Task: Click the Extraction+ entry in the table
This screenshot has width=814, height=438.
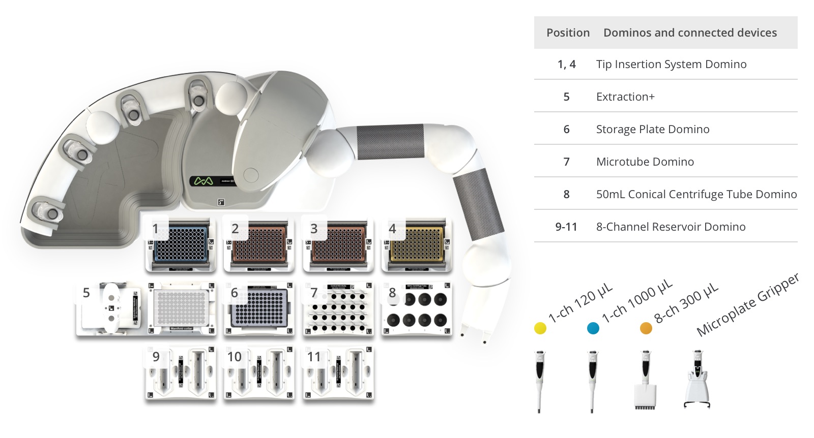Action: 625,97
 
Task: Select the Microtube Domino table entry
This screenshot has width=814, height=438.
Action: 645,162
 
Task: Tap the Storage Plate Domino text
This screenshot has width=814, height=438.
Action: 652,129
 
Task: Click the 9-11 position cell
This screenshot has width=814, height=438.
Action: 566,227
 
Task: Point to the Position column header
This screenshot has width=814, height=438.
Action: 568,33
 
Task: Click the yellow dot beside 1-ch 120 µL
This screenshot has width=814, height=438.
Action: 540,328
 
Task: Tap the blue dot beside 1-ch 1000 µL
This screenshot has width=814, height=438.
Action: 593,328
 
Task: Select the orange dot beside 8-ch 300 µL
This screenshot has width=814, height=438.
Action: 646,328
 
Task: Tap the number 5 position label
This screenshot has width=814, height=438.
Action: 86,293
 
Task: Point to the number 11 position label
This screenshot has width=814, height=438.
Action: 314,357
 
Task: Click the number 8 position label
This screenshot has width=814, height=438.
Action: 392,293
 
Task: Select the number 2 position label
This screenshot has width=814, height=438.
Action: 235,229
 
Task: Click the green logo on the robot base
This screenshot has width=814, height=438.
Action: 203,181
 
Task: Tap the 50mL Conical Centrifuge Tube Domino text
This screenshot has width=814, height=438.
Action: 696,194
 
